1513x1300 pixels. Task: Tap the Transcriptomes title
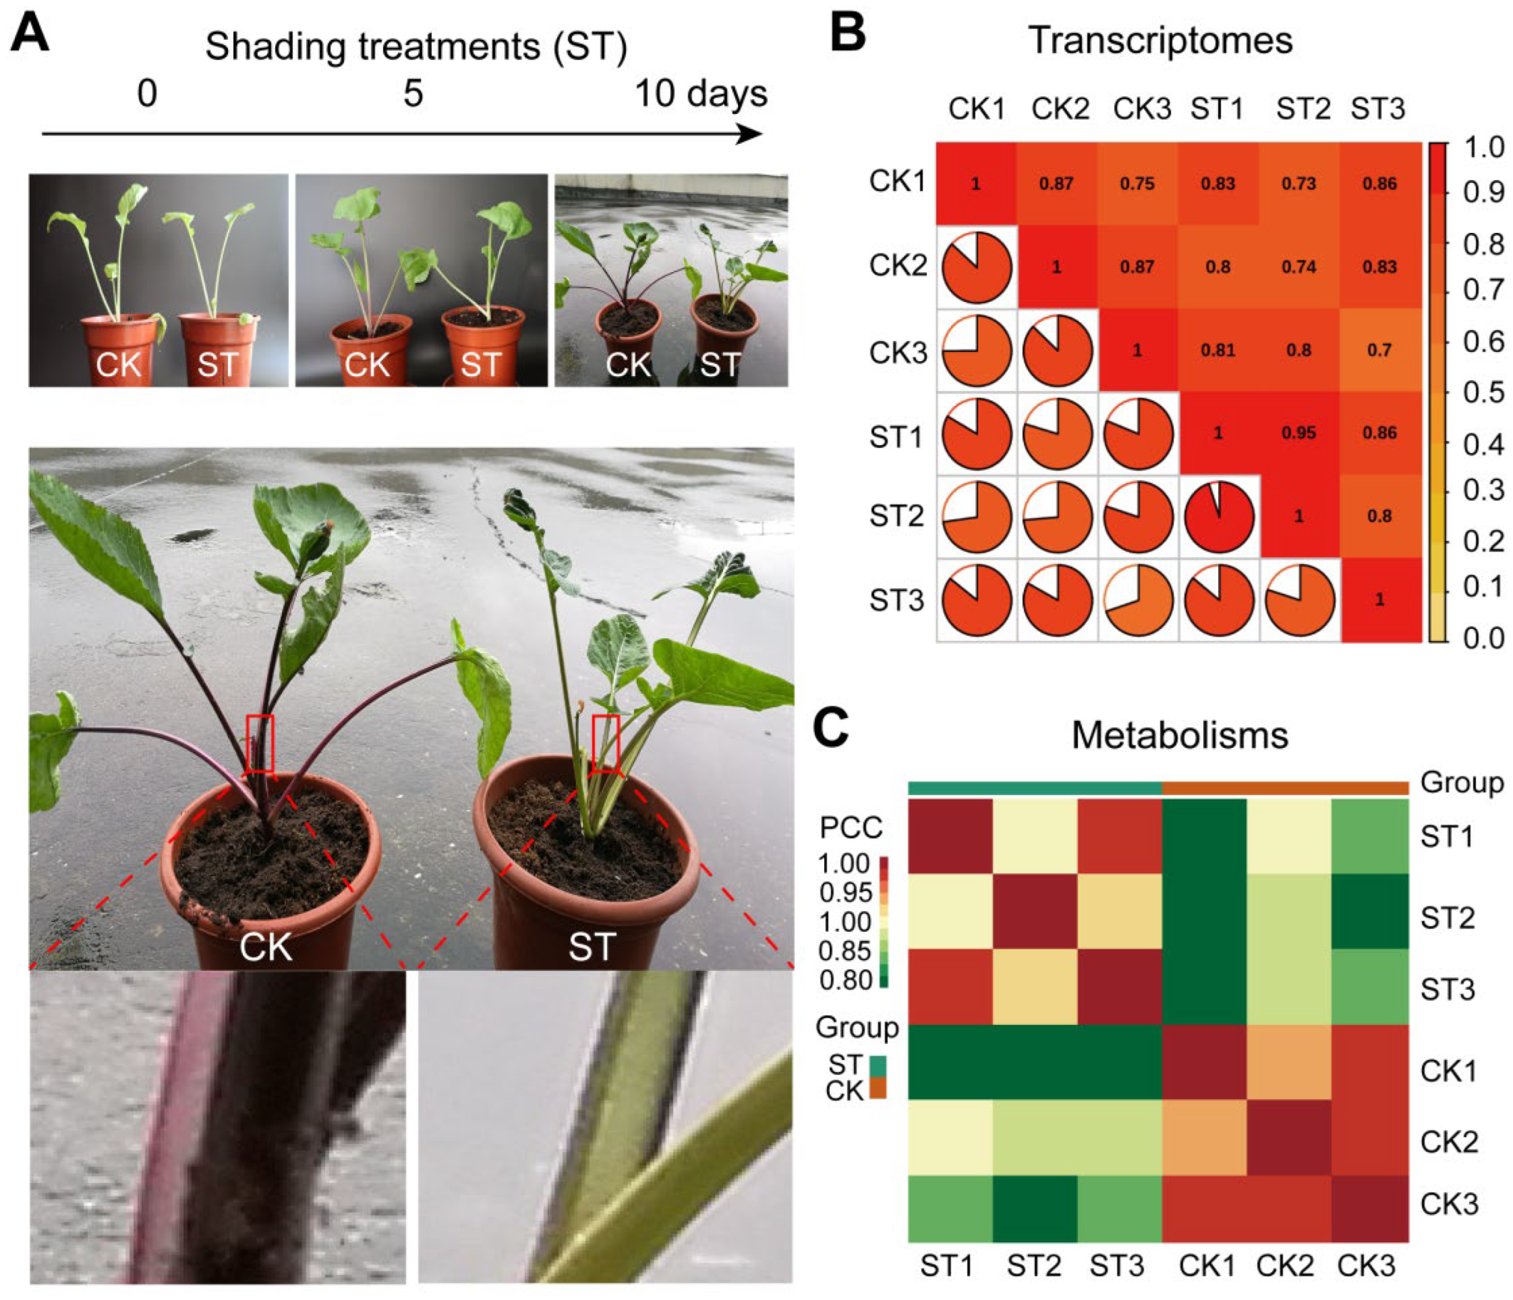1160,40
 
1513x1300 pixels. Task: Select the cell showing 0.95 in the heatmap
1299,433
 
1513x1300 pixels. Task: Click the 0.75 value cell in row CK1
1137,183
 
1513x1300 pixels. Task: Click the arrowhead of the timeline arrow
751,134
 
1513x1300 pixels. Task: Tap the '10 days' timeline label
701,94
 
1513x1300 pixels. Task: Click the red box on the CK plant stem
260,744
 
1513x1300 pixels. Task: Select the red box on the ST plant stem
605,744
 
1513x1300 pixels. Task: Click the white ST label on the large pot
592,947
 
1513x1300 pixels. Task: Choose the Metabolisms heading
1179,736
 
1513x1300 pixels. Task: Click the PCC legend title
851,828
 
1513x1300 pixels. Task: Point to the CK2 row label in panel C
1449,1141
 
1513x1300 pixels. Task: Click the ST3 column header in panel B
1377,110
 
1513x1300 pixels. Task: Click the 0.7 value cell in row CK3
1379,351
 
